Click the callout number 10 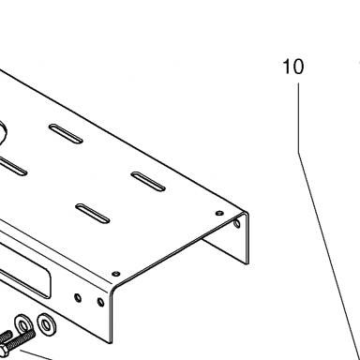[x=292, y=67]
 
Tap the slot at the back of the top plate [x=66, y=134]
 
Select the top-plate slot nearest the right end [x=148, y=181]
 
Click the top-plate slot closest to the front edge [x=93, y=214]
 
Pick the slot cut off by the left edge [x=12, y=166]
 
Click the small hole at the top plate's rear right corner [x=219, y=214]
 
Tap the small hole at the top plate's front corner [x=116, y=274]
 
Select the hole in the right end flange [x=237, y=223]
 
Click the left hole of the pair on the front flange [x=78, y=298]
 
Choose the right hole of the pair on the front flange [x=100, y=302]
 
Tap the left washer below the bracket [x=23, y=325]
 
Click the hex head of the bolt [x=4, y=352]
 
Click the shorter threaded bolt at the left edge [x=6, y=337]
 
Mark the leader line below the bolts [x=36, y=355]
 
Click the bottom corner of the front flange [x=112, y=343]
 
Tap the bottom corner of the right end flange [x=248, y=264]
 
